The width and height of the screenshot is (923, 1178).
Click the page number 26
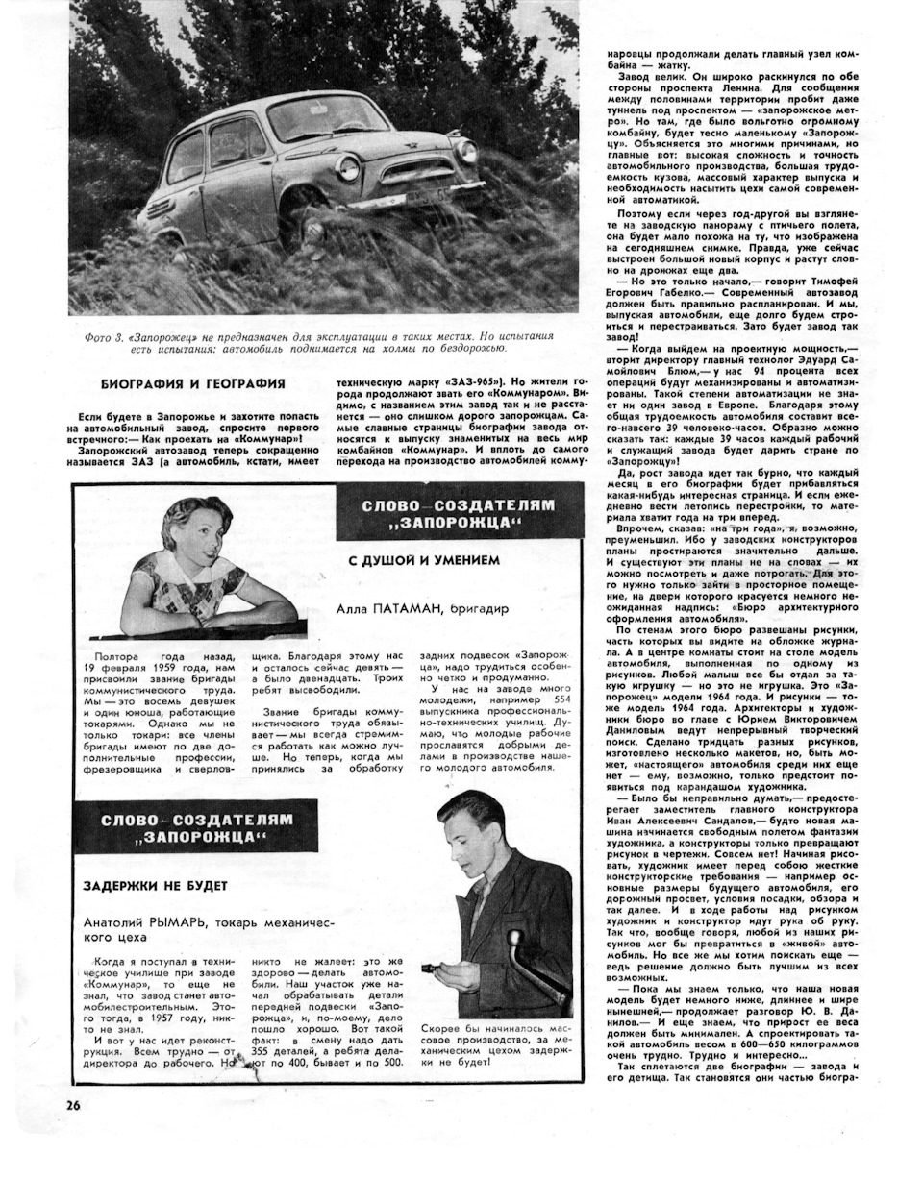(73, 1104)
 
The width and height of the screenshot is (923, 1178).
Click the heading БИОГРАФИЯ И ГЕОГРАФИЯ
(180, 384)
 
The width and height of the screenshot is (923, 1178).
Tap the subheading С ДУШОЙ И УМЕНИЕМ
(424, 560)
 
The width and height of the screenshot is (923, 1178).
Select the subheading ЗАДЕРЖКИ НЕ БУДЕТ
(155, 885)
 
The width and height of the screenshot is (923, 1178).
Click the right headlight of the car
(466, 150)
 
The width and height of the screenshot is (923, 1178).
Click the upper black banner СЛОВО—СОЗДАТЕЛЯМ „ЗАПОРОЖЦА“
(460, 512)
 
